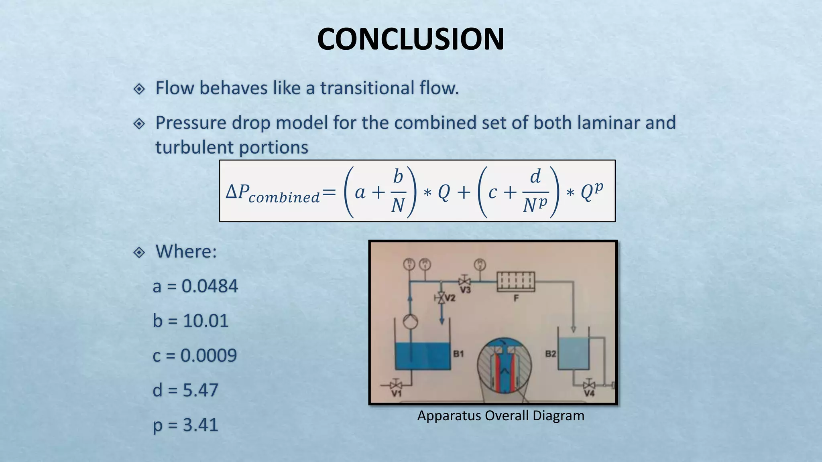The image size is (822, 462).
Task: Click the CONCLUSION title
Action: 410,39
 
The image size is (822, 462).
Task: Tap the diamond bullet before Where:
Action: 139,252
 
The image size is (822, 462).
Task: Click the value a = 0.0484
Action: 195,286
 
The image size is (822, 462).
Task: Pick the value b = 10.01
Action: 190,321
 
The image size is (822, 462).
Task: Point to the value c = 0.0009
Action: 195,355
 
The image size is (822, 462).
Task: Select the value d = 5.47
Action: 185,390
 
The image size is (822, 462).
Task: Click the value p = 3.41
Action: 185,425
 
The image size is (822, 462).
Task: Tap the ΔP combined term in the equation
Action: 273,193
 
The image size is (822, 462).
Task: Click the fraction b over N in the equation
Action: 398,191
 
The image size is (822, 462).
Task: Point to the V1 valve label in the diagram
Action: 396,393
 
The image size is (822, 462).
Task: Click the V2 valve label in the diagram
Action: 450,298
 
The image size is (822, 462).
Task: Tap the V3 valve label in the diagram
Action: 465,290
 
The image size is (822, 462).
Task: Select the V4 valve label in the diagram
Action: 589,393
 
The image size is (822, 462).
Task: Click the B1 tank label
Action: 458,354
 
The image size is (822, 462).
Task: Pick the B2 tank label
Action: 550,354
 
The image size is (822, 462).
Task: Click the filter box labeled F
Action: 516,281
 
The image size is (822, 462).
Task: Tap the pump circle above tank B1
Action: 410,322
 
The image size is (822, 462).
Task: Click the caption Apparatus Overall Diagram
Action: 501,415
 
